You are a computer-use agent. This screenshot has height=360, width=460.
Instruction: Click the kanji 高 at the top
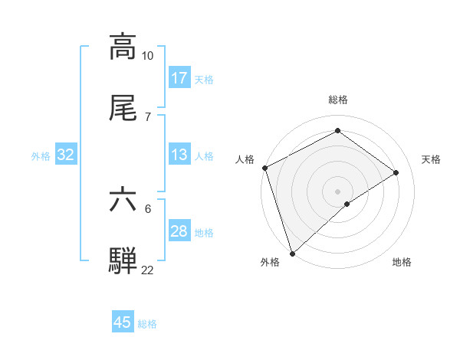pos(123,47)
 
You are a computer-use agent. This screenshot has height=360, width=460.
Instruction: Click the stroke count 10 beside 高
pos(148,56)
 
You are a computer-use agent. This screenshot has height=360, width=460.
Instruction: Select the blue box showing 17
pos(179,78)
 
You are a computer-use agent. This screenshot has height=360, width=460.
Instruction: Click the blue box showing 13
pos(179,155)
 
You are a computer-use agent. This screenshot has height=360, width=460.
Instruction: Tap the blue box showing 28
pos(179,231)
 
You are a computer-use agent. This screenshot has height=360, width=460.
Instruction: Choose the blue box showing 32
pos(66,155)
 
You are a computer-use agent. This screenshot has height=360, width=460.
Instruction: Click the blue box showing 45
pos(123,322)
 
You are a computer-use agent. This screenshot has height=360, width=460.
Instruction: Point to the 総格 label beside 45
pos(147,324)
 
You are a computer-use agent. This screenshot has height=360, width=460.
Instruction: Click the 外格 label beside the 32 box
pos(41,156)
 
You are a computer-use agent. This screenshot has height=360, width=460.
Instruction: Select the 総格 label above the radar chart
pos(338,100)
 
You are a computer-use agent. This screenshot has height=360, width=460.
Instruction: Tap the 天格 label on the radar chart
pos(432,159)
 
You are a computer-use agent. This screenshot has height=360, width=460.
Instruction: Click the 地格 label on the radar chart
pos(402,263)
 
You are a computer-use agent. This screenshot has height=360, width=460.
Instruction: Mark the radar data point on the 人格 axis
pos(264,168)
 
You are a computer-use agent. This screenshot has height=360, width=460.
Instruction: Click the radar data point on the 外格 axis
pos(292,253)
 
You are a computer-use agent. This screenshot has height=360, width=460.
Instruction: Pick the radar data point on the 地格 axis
pos(347,204)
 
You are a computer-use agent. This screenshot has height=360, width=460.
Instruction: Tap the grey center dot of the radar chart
pos(338,191)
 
